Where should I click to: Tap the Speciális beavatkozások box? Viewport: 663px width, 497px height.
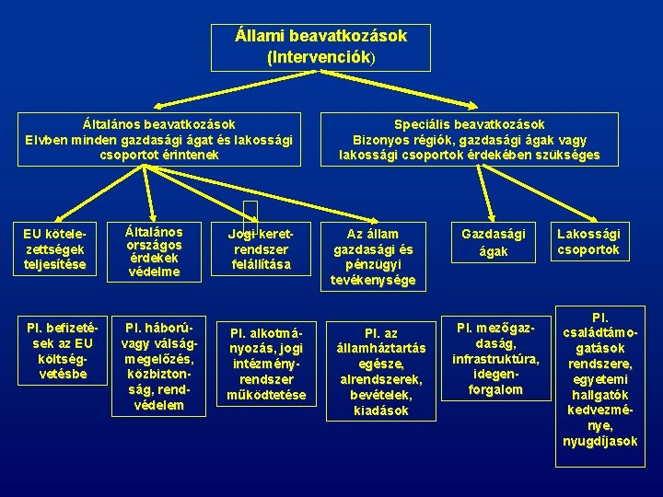pos(469,139)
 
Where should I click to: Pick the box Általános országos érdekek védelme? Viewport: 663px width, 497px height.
pos(155,251)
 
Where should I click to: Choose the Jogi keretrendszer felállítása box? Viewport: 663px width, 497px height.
pos(262,248)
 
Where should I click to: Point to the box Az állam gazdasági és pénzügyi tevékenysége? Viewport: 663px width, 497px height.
pos(373,256)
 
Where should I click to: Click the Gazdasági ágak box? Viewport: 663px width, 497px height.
pos(494,242)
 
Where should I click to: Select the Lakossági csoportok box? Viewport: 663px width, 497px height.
pos(589,242)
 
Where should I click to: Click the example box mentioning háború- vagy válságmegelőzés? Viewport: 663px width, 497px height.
pos(155,365)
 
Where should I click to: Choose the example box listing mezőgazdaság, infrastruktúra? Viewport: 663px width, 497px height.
pos(495,356)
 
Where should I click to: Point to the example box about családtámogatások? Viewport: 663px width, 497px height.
pos(599,377)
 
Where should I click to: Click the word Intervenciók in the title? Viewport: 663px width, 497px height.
pos(319,57)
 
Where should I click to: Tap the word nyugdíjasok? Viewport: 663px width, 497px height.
pos(599,441)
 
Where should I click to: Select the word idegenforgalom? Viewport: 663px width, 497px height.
pos(495,382)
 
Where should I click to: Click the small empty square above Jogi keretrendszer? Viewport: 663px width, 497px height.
pos(250,214)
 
